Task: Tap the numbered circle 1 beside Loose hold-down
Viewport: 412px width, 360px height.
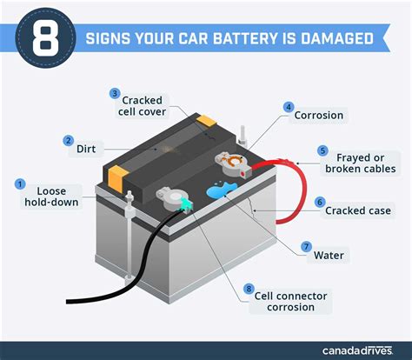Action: [x=19, y=183]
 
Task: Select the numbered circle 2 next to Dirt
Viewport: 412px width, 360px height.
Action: [x=68, y=140]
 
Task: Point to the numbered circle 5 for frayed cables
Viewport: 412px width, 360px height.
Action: [x=322, y=150]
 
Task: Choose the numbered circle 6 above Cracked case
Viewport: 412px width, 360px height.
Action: [x=319, y=201]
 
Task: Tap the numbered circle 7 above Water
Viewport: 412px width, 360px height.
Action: [x=307, y=246]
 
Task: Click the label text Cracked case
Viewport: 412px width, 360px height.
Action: [x=357, y=210]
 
